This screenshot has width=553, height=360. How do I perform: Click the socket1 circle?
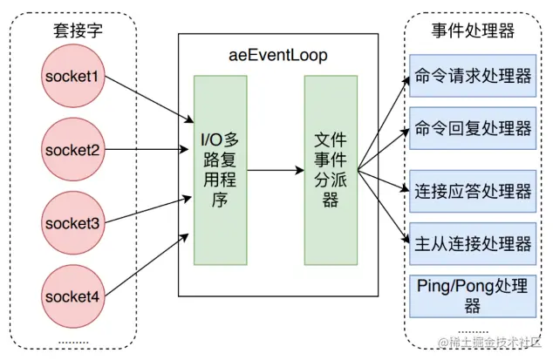pos(74,77)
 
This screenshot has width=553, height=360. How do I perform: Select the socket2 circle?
pos(74,150)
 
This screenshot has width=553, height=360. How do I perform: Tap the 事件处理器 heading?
pos(473,31)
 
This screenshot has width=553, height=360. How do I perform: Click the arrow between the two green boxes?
pos(274,170)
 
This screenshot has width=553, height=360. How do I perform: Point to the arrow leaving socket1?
pos(148,98)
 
